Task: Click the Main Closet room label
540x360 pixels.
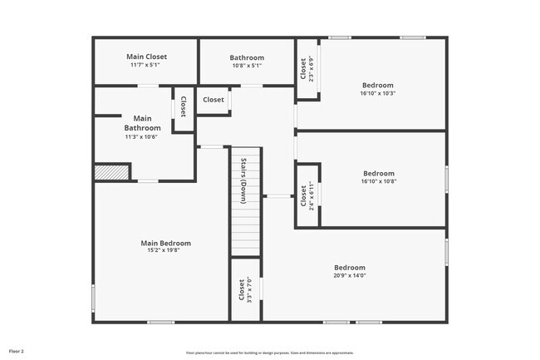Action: coord(146,57)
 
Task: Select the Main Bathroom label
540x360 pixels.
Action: coord(142,123)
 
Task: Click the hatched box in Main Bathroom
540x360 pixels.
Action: coord(111,171)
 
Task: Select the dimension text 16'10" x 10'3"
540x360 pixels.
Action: coord(378,93)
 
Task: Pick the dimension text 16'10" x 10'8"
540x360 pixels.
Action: coord(378,181)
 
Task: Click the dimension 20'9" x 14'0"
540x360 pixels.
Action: coord(350,275)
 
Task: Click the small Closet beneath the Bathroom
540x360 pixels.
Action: coord(214,100)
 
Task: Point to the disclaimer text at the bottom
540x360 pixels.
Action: coord(269,353)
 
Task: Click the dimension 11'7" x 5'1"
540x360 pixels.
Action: coord(146,65)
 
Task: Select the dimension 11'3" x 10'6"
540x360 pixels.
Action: coord(141,136)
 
